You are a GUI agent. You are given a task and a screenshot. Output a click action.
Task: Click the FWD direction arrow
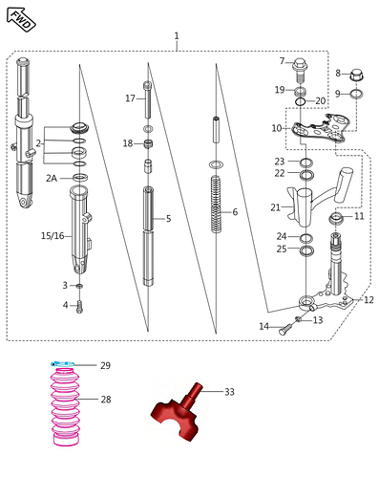(21, 19)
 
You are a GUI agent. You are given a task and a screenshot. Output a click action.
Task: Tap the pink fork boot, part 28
(65, 406)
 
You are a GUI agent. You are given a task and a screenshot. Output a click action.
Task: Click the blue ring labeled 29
(63, 364)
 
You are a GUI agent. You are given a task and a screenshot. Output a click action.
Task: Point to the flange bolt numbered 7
(300, 69)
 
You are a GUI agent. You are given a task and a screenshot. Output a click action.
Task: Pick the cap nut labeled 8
(357, 76)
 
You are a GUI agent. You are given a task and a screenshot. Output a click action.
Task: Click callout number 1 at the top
(177, 36)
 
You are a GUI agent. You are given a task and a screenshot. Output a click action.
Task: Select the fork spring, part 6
(217, 205)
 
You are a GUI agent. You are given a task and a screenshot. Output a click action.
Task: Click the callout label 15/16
(53, 236)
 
